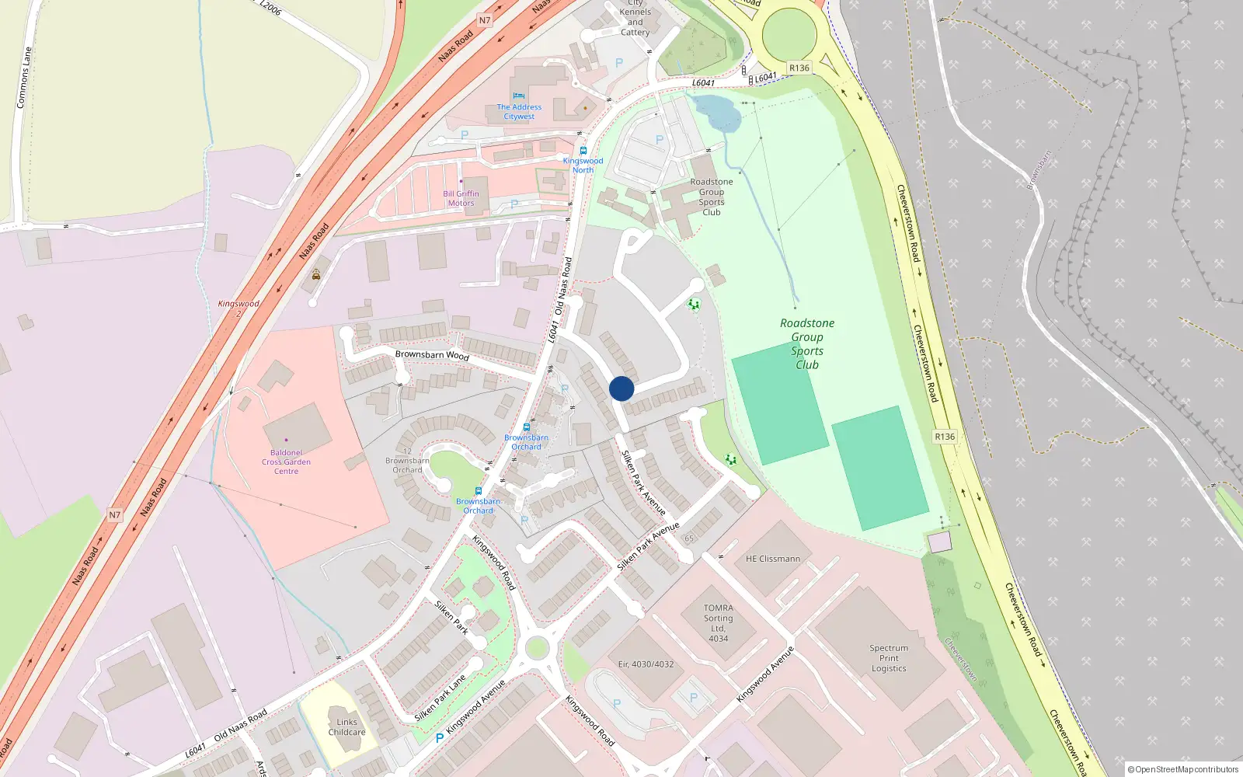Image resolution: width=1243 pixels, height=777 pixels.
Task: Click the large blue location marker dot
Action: click(621, 388)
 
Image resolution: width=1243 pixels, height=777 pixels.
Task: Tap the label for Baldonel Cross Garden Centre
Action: click(286, 462)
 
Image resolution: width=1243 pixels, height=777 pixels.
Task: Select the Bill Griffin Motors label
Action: click(461, 199)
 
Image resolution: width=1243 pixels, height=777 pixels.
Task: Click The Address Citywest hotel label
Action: click(519, 112)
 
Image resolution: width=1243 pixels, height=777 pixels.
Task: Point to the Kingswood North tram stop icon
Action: click(583, 151)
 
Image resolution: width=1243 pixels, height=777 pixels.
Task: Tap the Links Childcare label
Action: click(346, 727)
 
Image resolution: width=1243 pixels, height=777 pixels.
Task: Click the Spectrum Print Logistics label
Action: click(889, 658)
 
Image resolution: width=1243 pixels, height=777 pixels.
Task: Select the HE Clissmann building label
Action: click(772, 559)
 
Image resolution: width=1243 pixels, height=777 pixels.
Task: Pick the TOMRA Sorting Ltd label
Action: click(718, 623)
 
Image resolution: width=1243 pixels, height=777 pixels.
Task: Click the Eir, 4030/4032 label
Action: click(646, 664)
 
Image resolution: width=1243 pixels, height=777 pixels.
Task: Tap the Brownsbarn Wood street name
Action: click(432, 355)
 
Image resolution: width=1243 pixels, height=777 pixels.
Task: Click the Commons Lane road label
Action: click(24, 78)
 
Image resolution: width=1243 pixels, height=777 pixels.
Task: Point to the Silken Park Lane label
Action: click(440, 698)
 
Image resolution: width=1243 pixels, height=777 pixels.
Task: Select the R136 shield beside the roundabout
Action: click(799, 68)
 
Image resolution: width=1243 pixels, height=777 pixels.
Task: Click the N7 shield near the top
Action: click(485, 21)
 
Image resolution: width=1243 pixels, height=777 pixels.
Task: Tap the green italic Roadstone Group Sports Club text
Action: click(807, 343)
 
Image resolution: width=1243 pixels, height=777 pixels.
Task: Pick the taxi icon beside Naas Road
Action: click(316, 274)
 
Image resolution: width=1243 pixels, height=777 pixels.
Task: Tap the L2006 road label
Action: click(270, 7)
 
